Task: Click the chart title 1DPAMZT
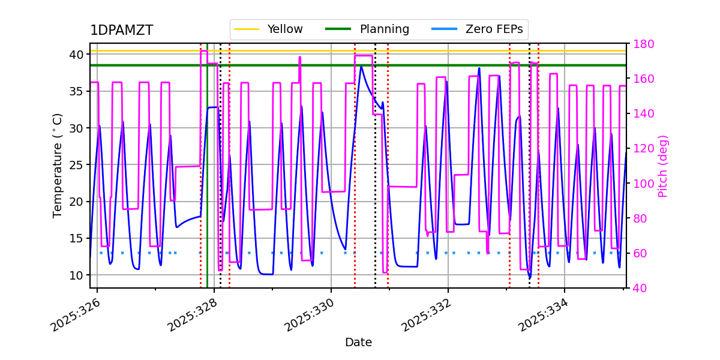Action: coord(121,31)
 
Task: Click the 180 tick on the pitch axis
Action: coord(641,44)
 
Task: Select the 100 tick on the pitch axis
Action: coord(641,184)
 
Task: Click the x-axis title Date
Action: coord(358,343)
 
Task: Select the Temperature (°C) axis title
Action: coord(58,165)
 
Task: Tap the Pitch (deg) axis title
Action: coord(663,166)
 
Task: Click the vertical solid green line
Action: coord(207,180)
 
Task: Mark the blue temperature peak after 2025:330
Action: coord(361,66)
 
